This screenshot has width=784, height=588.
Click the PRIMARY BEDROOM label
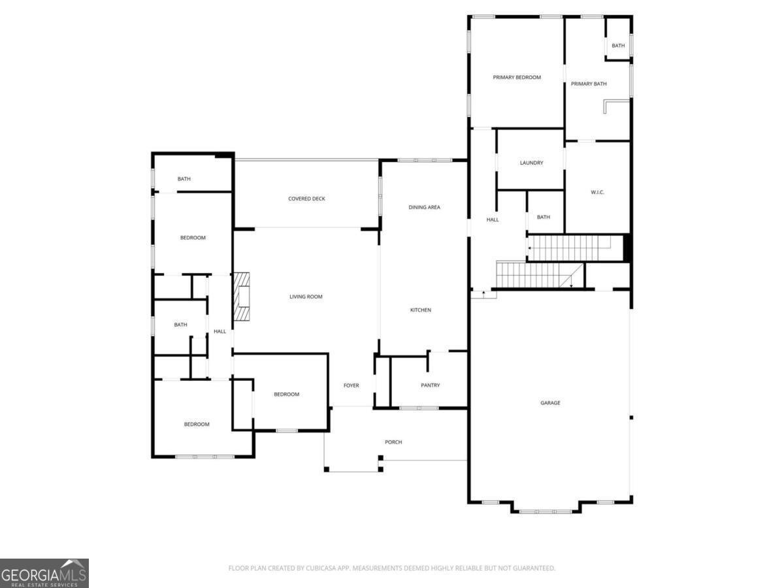pyautogui.click(x=517, y=78)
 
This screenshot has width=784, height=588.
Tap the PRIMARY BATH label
pyautogui.click(x=588, y=84)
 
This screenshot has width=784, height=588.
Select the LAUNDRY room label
pyautogui.click(x=531, y=163)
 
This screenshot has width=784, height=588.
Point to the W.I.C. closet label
pyautogui.click(x=597, y=193)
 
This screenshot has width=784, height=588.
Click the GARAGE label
pyautogui.click(x=550, y=402)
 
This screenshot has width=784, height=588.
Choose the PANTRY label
pyautogui.click(x=430, y=385)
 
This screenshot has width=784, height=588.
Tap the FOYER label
pyautogui.click(x=351, y=385)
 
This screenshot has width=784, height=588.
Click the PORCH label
pyautogui.click(x=393, y=442)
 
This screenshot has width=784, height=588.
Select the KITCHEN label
pyautogui.click(x=420, y=310)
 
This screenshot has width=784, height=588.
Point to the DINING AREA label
pyautogui.click(x=424, y=207)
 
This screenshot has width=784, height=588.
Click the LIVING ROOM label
pyautogui.click(x=306, y=297)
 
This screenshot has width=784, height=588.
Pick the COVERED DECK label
pyautogui.click(x=306, y=199)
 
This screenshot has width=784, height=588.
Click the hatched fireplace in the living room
pyautogui.click(x=242, y=297)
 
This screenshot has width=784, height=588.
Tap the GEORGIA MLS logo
pyautogui.click(x=44, y=573)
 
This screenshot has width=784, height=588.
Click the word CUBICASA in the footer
pyautogui.click(x=321, y=568)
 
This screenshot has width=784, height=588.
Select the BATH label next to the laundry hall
pyautogui.click(x=544, y=217)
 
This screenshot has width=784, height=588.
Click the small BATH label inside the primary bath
pyautogui.click(x=618, y=46)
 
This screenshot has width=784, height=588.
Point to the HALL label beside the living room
pyautogui.click(x=220, y=331)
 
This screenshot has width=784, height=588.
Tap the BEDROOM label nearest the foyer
pyautogui.click(x=286, y=395)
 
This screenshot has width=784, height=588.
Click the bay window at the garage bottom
pyautogui.click(x=546, y=512)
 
